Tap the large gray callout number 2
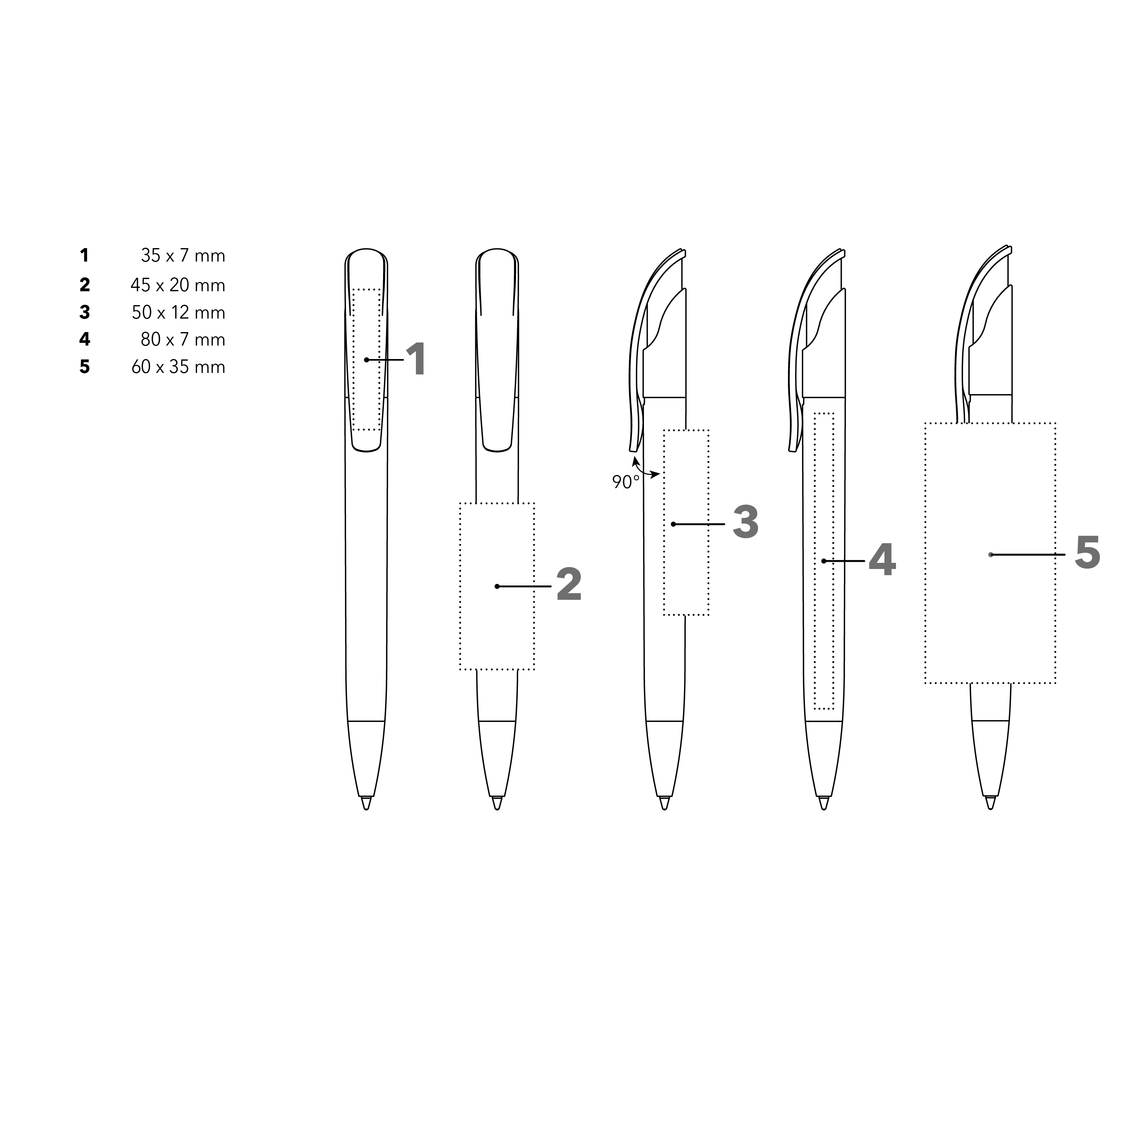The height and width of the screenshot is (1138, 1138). (x=569, y=585)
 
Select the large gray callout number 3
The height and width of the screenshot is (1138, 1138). (x=746, y=522)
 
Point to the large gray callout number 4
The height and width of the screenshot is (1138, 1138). (x=882, y=560)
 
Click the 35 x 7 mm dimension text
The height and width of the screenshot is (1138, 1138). (x=183, y=256)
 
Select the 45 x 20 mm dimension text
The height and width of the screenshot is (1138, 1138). (x=178, y=285)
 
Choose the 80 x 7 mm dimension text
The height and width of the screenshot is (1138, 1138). (x=183, y=339)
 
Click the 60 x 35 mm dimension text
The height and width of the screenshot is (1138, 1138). (x=178, y=367)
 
